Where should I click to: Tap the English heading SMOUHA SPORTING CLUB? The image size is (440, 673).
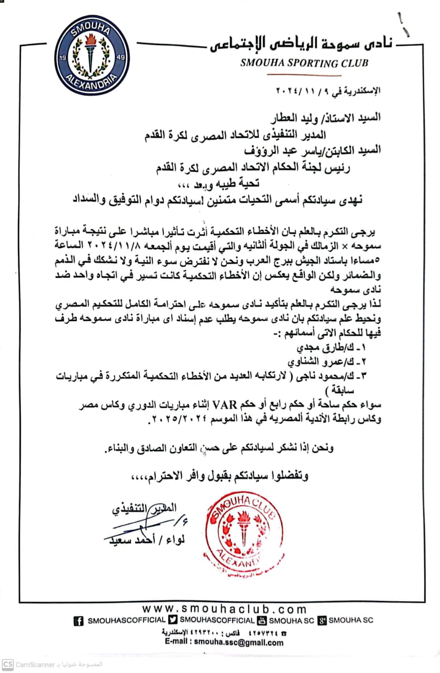304,63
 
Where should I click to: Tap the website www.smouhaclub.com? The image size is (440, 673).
224,609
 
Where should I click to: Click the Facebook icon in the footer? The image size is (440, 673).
79,621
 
